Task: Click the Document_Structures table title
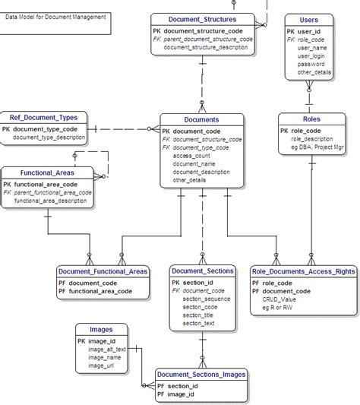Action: click(201, 19)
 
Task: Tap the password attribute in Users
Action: click(311, 65)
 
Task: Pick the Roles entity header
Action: click(311, 119)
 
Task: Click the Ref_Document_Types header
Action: click(43, 118)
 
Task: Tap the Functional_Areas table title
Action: click(46, 172)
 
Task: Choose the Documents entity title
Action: click(201, 119)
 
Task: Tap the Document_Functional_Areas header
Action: click(103, 271)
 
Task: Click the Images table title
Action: click(101, 330)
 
